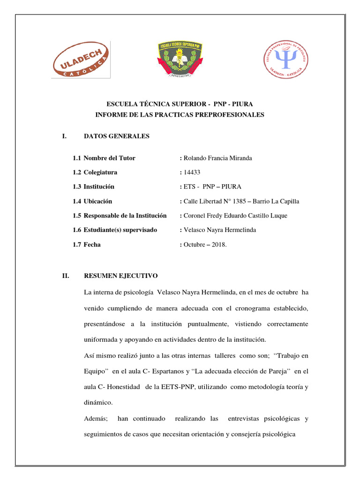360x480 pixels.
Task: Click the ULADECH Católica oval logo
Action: (x=81, y=60)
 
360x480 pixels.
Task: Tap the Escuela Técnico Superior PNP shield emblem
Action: (x=180, y=59)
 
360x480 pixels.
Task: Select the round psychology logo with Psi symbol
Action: (x=285, y=59)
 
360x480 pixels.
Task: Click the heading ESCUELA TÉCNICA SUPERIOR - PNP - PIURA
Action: (x=180, y=104)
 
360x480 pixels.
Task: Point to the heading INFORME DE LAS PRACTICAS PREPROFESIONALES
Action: (x=180, y=115)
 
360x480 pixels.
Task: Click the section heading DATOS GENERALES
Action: (x=116, y=136)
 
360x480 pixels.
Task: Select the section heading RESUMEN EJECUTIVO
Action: (x=120, y=276)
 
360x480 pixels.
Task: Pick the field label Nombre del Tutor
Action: (x=109, y=158)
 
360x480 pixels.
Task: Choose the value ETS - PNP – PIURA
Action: (x=212, y=187)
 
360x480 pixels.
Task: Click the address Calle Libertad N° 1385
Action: (x=215, y=202)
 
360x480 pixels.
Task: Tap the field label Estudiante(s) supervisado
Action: (x=120, y=230)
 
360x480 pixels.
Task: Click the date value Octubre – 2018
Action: (x=205, y=244)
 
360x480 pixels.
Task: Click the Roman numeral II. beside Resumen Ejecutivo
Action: (x=66, y=276)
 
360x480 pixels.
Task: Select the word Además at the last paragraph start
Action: (x=96, y=418)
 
